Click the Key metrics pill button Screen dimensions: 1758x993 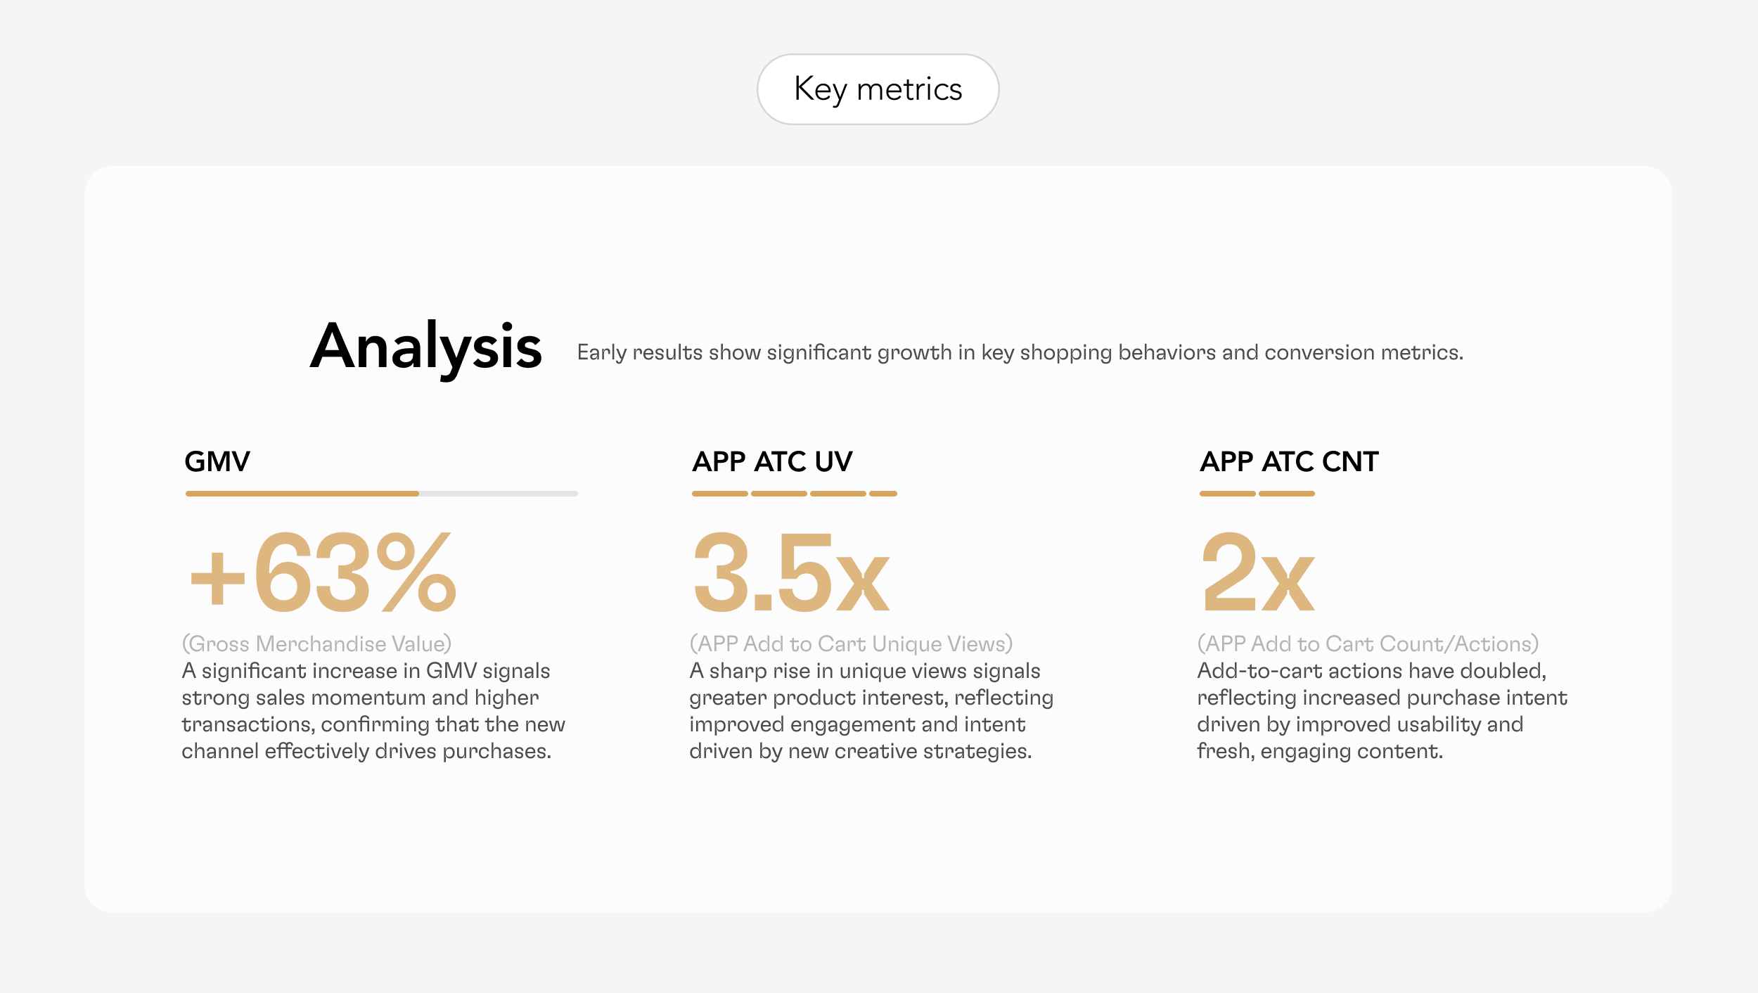(x=878, y=89)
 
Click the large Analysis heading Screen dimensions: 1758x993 (x=426, y=347)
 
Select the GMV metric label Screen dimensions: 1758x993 (x=217, y=461)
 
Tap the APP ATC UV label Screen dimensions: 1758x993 (x=772, y=461)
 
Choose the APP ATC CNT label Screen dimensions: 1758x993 (x=1289, y=461)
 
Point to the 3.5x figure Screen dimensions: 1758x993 (x=792, y=571)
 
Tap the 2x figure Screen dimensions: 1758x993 (x=1259, y=571)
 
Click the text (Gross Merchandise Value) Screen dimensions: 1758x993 (x=316, y=644)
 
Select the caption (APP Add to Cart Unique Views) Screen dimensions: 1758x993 (x=851, y=644)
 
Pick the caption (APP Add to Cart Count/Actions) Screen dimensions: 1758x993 (x=1368, y=644)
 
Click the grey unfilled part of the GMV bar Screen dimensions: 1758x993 (x=499, y=494)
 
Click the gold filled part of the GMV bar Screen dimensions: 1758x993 (x=302, y=494)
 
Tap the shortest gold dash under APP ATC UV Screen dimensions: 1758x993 (x=883, y=494)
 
